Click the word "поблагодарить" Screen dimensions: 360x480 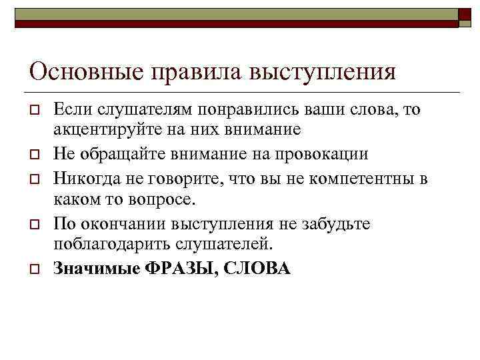coord(112,244)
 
